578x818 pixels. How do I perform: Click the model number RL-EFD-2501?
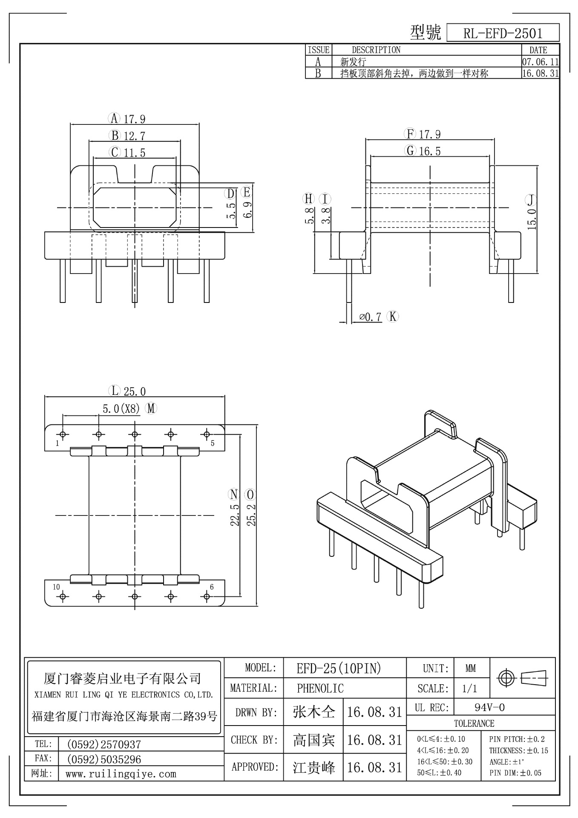[503, 33]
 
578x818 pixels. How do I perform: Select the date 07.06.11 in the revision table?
[540, 62]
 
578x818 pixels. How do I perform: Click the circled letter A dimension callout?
[114, 118]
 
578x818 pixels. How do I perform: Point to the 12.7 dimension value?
[135, 136]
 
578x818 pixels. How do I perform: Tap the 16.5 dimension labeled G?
[430, 151]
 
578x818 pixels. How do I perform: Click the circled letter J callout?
[531, 200]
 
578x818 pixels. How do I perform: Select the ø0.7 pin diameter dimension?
[370, 317]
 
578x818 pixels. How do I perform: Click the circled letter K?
[392, 316]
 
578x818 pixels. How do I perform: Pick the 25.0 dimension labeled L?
[135, 391]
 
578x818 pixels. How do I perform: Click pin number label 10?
[56, 587]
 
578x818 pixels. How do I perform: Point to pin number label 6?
[212, 587]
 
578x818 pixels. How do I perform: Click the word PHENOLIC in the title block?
[320, 688]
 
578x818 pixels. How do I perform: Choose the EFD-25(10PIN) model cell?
[339, 668]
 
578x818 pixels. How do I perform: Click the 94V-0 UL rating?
[489, 708]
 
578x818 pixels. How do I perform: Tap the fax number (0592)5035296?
[104, 759]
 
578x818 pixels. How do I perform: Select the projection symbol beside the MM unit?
[523, 677]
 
